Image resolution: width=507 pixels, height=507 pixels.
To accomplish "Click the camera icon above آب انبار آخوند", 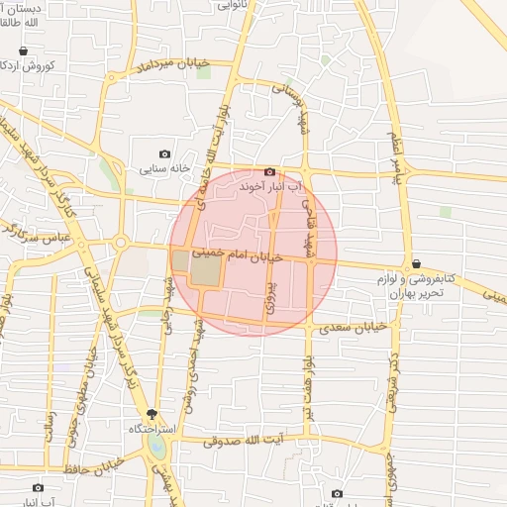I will click(x=269, y=171).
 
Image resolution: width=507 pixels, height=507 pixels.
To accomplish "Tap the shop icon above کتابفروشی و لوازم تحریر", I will click(x=416, y=263).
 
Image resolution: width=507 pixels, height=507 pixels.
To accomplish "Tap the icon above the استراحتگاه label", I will click(x=152, y=414).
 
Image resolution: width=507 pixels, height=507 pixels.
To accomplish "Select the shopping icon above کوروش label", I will click(x=23, y=51).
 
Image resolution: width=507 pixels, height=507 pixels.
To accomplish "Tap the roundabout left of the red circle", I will click(x=120, y=243).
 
